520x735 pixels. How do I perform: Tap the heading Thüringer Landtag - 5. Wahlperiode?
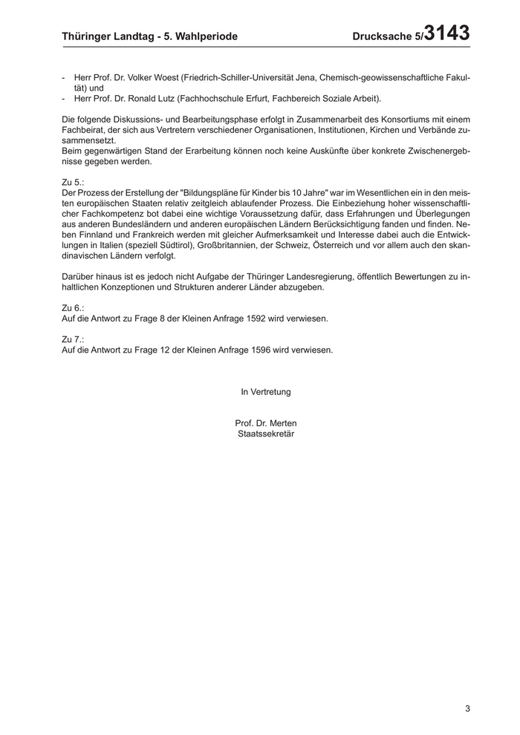pos(149,36)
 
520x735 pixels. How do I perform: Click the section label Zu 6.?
pos(73,307)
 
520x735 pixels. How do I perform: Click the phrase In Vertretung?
pos(265,391)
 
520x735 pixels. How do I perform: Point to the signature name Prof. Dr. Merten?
pos(265,423)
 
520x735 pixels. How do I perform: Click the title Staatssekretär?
pos(265,434)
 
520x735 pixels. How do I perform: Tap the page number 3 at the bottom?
pos(468,708)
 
